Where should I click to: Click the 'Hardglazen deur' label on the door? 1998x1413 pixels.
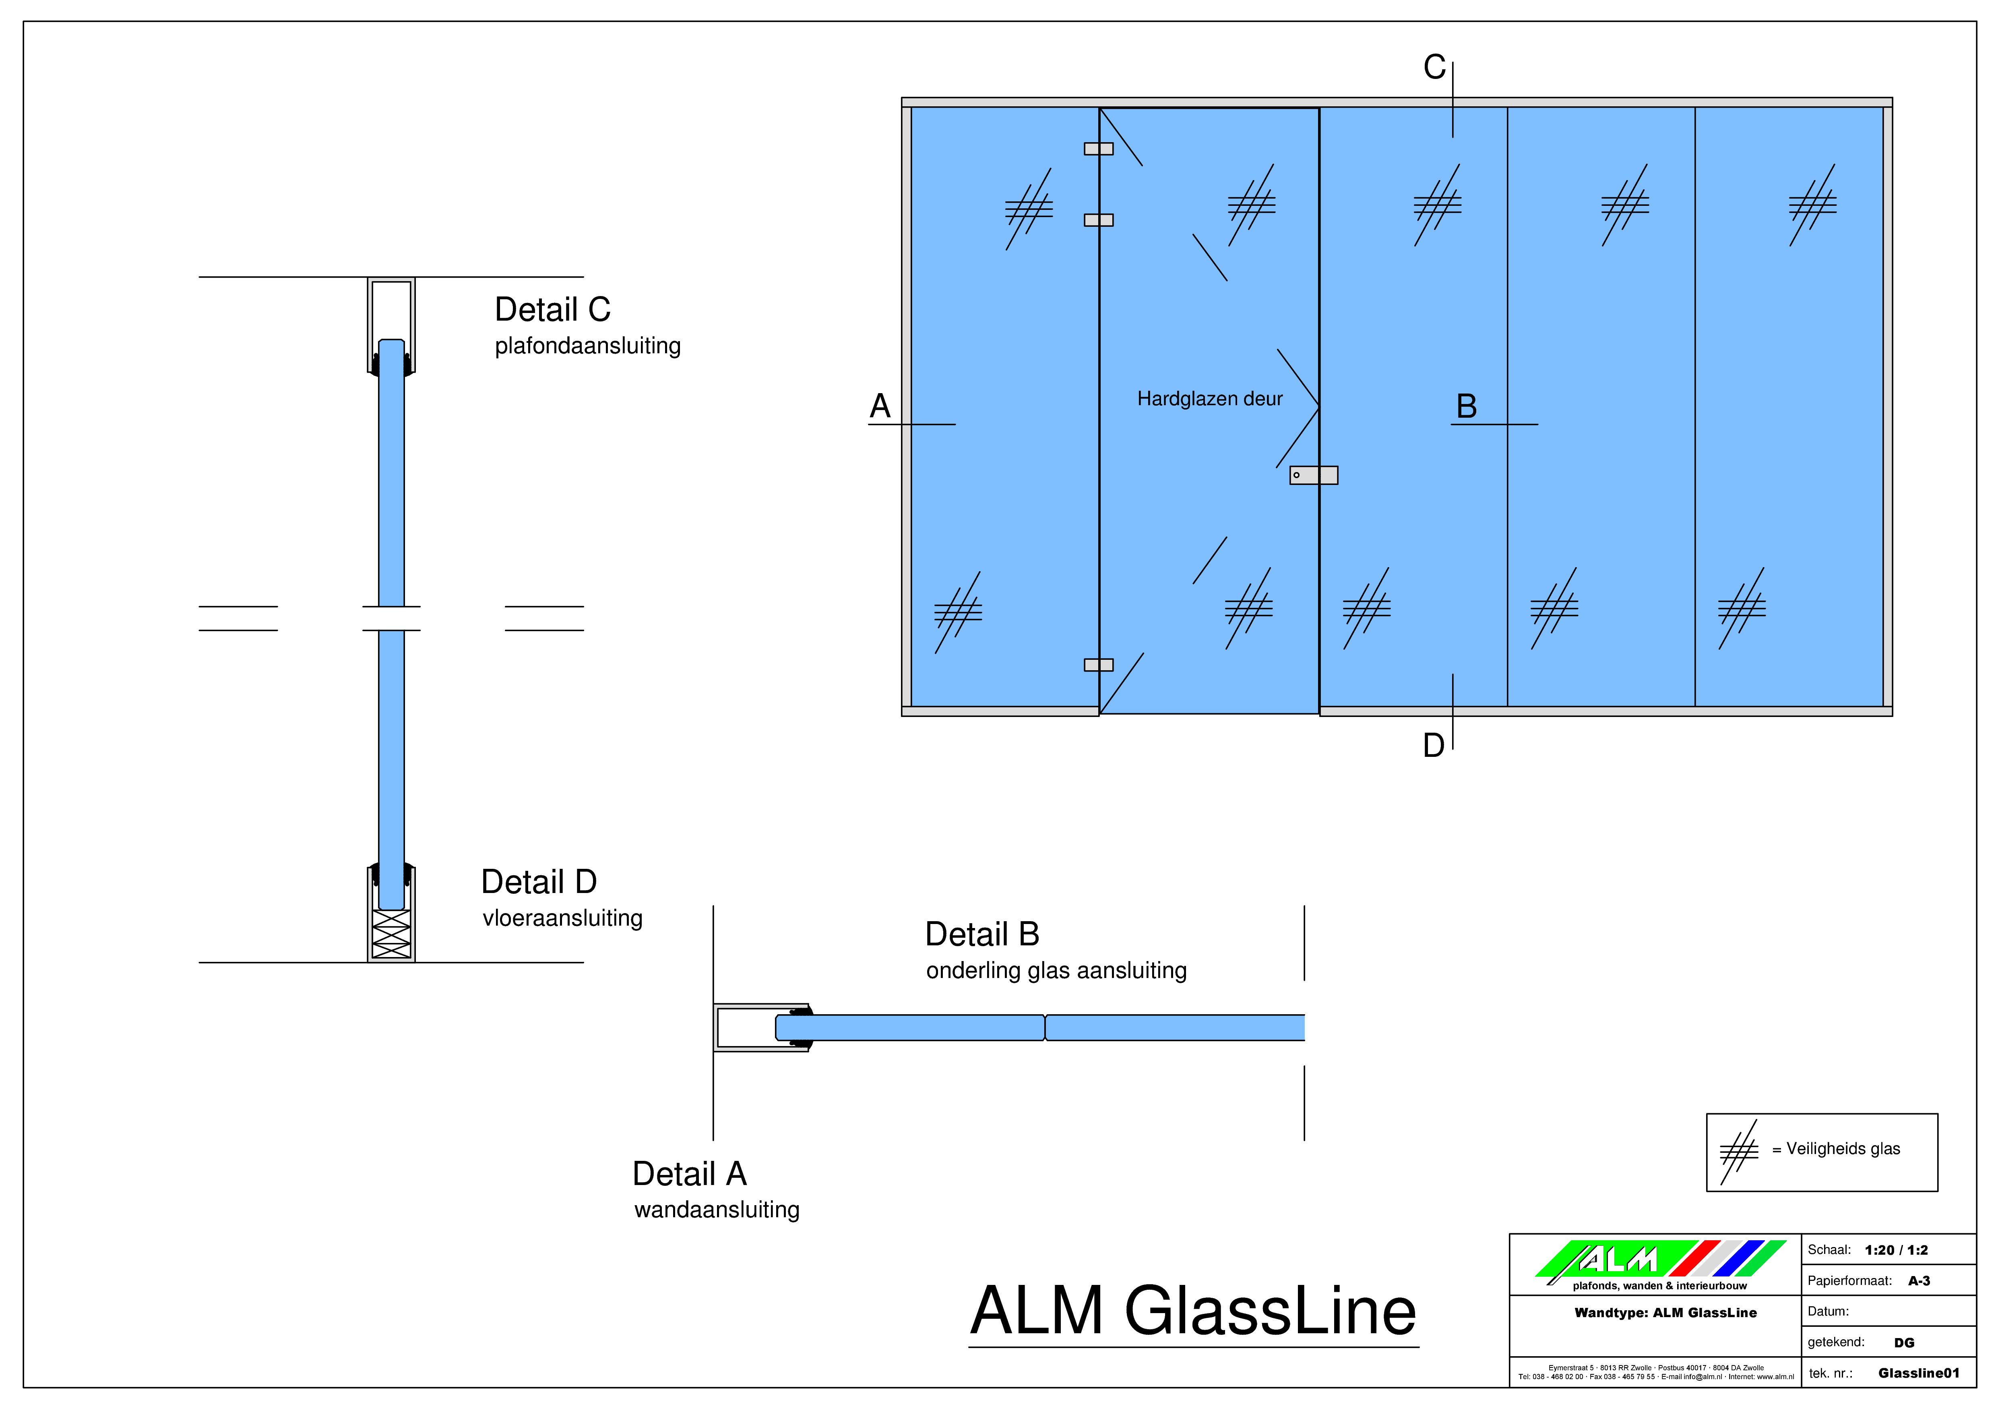tap(1210, 399)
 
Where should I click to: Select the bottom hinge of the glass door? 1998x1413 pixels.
tap(1098, 665)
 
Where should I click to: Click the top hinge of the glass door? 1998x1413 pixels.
tap(1098, 149)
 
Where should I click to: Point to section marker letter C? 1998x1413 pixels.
tap(1434, 67)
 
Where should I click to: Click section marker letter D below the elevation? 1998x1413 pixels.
tap(1433, 745)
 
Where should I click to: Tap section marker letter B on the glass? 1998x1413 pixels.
tap(1466, 406)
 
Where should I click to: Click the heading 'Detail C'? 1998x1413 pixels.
tap(553, 309)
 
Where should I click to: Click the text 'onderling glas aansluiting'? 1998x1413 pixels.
tap(1056, 971)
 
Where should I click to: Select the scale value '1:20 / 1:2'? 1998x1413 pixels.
tap(1896, 1250)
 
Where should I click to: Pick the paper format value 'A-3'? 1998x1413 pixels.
tap(1919, 1280)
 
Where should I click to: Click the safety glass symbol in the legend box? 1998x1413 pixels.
tap(1739, 1152)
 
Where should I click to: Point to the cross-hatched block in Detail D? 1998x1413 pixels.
tap(391, 934)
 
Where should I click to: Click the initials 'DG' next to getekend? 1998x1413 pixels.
tap(1904, 1343)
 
